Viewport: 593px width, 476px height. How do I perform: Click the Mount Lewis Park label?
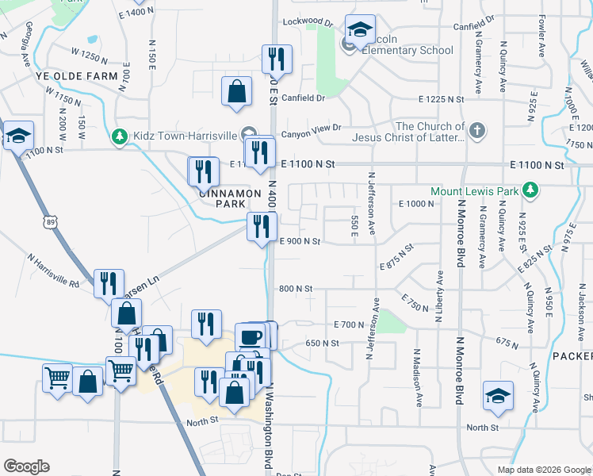(474, 191)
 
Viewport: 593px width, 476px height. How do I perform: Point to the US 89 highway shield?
(52, 222)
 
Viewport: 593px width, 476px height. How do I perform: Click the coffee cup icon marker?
(251, 336)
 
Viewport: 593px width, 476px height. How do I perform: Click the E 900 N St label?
(300, 241)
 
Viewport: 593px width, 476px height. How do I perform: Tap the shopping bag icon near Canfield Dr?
(237, 90)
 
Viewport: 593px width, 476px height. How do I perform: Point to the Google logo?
(26, 466)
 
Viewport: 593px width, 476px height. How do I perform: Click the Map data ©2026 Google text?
(544, 470)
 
